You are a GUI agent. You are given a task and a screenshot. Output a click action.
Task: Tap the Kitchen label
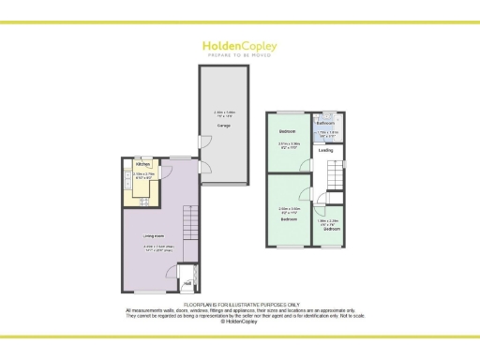click(139, 166)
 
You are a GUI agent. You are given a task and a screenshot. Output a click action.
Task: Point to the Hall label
click(187, 283)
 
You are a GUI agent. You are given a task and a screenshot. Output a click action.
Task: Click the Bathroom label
click(326, 123)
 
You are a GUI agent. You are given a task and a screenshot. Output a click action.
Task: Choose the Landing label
click(326, 150)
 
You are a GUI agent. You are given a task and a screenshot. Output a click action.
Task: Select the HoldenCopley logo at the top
click(239, 44)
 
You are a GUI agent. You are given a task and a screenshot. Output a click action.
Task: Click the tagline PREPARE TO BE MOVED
click(239, 55)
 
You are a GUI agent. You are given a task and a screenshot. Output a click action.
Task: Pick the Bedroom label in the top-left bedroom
click(288, 130)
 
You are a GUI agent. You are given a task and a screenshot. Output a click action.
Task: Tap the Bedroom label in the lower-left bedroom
click(288, 218)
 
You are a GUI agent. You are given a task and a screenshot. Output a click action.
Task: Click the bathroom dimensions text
click(326, 133)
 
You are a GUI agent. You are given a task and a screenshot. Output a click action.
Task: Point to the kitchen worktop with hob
click(147, 198)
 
